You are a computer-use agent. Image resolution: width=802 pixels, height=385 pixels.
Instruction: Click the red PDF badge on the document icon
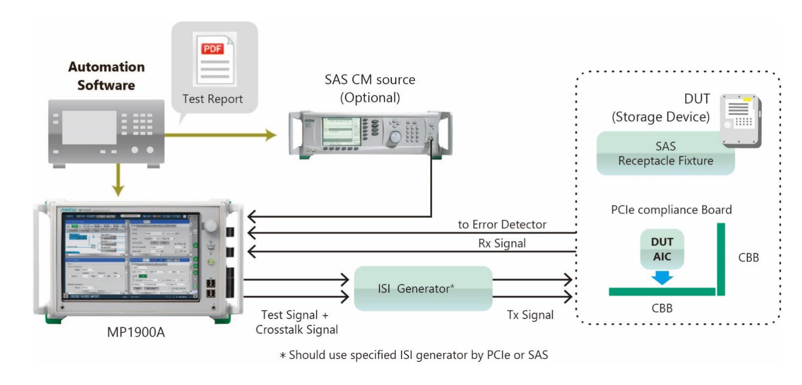click(212, 48)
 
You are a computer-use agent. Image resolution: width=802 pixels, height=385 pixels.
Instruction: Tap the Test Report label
click(212, 99)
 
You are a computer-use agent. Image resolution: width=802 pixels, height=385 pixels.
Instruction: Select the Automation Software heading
click(106, 76)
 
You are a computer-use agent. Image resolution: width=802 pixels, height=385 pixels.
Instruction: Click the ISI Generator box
click(423, 288)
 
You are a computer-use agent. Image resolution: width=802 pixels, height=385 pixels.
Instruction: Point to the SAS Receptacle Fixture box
click(665, 153)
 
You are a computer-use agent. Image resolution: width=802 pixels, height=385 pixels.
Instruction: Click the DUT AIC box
click(662, 249)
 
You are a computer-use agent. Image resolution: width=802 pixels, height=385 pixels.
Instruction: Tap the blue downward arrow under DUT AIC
click(662, 278)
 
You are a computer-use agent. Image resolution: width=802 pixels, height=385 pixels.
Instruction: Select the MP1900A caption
click(136, 332)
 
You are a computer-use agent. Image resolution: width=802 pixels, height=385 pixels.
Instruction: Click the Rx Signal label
click(502, 243)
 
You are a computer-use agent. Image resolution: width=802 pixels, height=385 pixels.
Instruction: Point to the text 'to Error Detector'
click(502, 224)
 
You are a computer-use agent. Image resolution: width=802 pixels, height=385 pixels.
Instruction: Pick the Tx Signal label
click(530, 315)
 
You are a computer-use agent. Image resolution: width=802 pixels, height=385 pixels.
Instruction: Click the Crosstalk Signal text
click(297, 330)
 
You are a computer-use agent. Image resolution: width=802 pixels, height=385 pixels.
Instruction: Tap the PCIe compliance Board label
click(671, 210)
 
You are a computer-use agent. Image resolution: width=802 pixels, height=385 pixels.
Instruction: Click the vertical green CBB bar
click(721, 259)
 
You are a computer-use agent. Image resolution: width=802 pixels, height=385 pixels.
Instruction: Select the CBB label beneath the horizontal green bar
click(662, 308)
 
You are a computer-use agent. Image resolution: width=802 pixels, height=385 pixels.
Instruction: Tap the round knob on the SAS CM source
click(395, 137)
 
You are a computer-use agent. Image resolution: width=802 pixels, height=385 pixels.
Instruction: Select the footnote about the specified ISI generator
click(414, 355)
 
